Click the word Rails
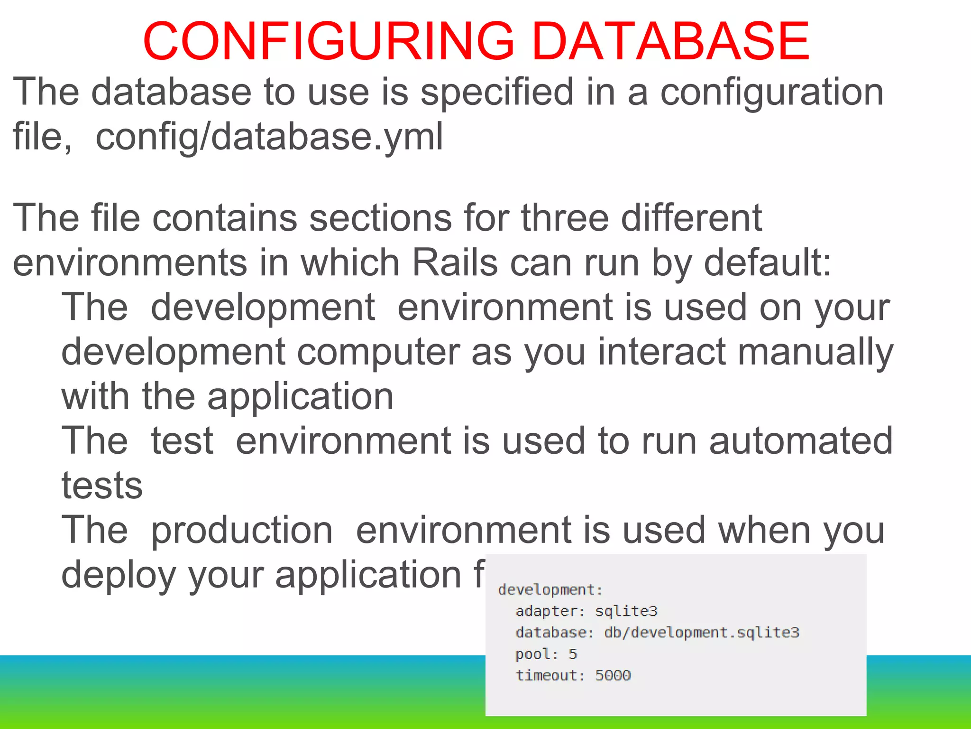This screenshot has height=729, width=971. tap(455, 263)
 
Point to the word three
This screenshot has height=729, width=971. tap(565, 218)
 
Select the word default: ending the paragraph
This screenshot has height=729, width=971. tap(768, 263)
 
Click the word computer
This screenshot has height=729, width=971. tap(378, 353)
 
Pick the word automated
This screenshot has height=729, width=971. tap(801, 441)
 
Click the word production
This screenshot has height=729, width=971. tap(242, 530)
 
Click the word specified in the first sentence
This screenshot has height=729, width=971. tap(497, 92)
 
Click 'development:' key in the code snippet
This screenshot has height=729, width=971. tap(550, 590)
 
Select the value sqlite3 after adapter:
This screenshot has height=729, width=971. tap(626, 611)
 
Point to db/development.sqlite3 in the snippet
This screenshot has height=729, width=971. tap(702, 633)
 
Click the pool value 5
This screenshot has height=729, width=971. tap(573, 654)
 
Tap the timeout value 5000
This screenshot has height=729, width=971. tap(613, 676)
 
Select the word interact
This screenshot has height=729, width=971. tap(662, 353)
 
